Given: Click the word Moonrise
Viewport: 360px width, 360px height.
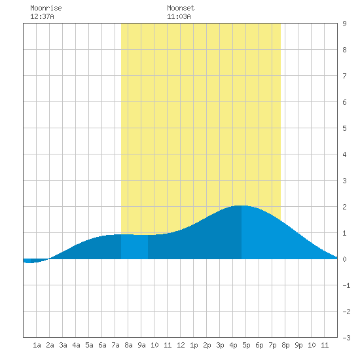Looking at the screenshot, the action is tap(46, 8).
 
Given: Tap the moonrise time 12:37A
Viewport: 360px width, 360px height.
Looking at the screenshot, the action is tap(42, 16).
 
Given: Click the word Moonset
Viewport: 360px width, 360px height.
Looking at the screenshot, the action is tap(181, 8).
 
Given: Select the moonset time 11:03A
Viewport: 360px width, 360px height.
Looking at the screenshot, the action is tap(179, 16).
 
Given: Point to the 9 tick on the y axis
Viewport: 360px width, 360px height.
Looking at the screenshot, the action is tap(344, 24).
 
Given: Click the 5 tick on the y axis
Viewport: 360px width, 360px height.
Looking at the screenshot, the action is tap(344, 128).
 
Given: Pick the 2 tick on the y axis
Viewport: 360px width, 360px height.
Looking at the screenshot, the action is tap(344, 207).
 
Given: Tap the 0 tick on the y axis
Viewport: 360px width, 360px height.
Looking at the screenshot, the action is tap(344, 259).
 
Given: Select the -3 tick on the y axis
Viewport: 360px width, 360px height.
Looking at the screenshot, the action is tap(346, 338).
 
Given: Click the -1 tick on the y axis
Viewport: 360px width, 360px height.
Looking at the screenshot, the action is tap(346, 285).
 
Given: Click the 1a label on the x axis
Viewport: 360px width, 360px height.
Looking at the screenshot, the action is tap(37, 345).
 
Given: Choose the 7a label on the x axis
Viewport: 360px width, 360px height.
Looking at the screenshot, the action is tap(115, 345).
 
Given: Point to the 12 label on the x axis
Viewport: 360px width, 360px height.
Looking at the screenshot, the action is tap(181, 345).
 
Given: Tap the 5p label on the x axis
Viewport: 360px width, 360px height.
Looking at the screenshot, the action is tap(246, 345).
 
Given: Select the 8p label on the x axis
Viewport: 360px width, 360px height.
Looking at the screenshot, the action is tap(285, 345).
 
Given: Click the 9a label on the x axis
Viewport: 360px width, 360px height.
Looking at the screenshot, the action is tap(141, 345).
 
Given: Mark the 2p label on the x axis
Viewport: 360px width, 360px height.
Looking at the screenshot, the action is tap(207, 345).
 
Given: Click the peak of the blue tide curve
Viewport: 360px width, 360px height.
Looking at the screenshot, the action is tap(240, 206).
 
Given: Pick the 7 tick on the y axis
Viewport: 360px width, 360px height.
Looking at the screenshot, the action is tap(344, 76).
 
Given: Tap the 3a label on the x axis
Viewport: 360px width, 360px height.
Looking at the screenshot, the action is tap(63, 345).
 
